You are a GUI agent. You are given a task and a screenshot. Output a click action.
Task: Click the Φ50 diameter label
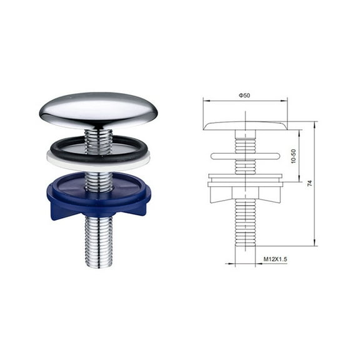click(x=244, y=94)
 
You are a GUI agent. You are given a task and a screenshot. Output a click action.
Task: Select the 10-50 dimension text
click(x=294, y=157)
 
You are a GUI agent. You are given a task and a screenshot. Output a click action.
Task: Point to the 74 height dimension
click(x=309, y=183)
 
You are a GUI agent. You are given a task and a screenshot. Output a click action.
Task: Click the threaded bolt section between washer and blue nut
click(x=99, y=181)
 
